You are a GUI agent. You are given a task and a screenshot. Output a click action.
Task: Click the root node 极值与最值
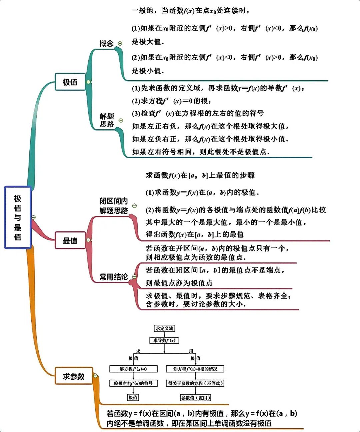(18, 217)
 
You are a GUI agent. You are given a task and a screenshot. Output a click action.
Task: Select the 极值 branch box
(70, 82)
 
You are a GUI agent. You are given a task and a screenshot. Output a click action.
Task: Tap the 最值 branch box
(70, 240)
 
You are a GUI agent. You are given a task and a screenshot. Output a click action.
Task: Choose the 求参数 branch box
(74, 376)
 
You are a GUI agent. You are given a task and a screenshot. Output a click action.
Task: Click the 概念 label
(106, 44)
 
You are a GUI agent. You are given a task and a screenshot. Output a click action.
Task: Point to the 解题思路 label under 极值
(107, 120)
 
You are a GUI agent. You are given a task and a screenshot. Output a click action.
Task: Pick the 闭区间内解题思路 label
(114, 206)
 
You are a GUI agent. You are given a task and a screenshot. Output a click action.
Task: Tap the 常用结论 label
(114, 277)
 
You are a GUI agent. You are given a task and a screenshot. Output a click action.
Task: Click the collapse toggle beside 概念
(120, 43)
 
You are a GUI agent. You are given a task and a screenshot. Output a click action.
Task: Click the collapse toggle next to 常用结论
(134, 276)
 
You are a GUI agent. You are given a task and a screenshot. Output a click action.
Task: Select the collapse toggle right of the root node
(33, 217)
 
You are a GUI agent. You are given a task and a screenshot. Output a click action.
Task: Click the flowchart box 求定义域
(165, 328)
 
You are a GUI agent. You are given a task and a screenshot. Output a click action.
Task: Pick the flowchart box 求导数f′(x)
(164, 340)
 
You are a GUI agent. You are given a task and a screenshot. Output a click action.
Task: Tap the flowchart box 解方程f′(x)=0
(133, 369)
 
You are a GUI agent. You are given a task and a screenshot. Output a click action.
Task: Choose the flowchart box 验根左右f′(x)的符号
(133, 383)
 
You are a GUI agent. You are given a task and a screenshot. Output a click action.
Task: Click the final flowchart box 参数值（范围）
(196, 398)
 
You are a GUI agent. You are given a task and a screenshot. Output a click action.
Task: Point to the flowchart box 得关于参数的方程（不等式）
(195, 383)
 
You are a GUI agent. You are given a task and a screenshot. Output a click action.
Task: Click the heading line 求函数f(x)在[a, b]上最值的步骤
(200, 175)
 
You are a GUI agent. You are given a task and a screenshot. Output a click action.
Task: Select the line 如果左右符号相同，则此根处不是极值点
(201, 152)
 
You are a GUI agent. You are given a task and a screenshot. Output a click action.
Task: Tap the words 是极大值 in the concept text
(148, 42)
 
